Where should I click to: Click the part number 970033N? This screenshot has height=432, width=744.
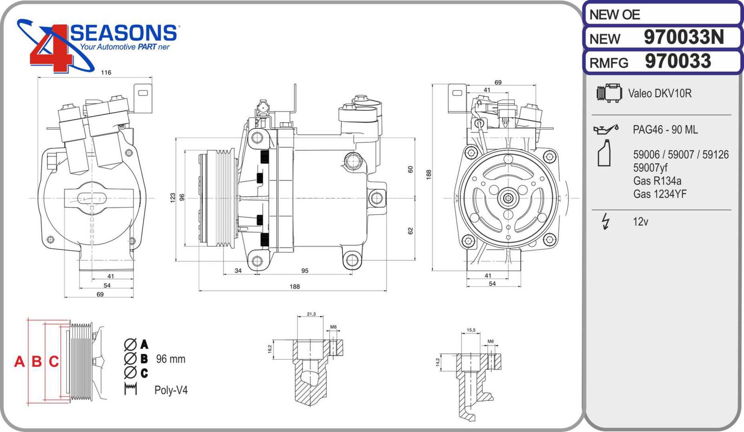coord(684,37)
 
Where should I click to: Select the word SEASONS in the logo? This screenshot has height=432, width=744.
coord(124,33)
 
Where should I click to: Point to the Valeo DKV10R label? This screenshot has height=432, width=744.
coord(659,93)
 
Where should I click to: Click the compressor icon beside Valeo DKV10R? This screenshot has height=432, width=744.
coord(609,93)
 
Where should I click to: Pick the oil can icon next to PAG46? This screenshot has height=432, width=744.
coord(605,129)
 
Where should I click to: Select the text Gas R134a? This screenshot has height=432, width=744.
coord(657,181)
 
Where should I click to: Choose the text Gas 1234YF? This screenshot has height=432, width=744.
coord(659,194)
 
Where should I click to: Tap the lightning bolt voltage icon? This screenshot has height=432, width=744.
coord(605,221)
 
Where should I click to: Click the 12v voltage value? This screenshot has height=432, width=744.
coord(640,222)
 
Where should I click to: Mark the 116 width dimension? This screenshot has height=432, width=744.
coord(106,73)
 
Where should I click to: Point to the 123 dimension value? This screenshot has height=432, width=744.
coord(173,198)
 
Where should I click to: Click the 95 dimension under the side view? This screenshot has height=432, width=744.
coord(305,271)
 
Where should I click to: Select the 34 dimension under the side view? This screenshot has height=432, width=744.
coord(238,271)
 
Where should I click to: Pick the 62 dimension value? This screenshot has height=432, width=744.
coord(411,231)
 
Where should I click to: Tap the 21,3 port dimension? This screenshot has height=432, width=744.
coord(311,314)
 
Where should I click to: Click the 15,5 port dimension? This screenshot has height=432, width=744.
coord(471,330)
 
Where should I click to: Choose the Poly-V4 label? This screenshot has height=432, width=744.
coord(171,390)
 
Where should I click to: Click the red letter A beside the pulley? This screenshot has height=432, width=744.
coord(19,361)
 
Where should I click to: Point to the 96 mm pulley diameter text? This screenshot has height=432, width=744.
coord(171,359)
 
